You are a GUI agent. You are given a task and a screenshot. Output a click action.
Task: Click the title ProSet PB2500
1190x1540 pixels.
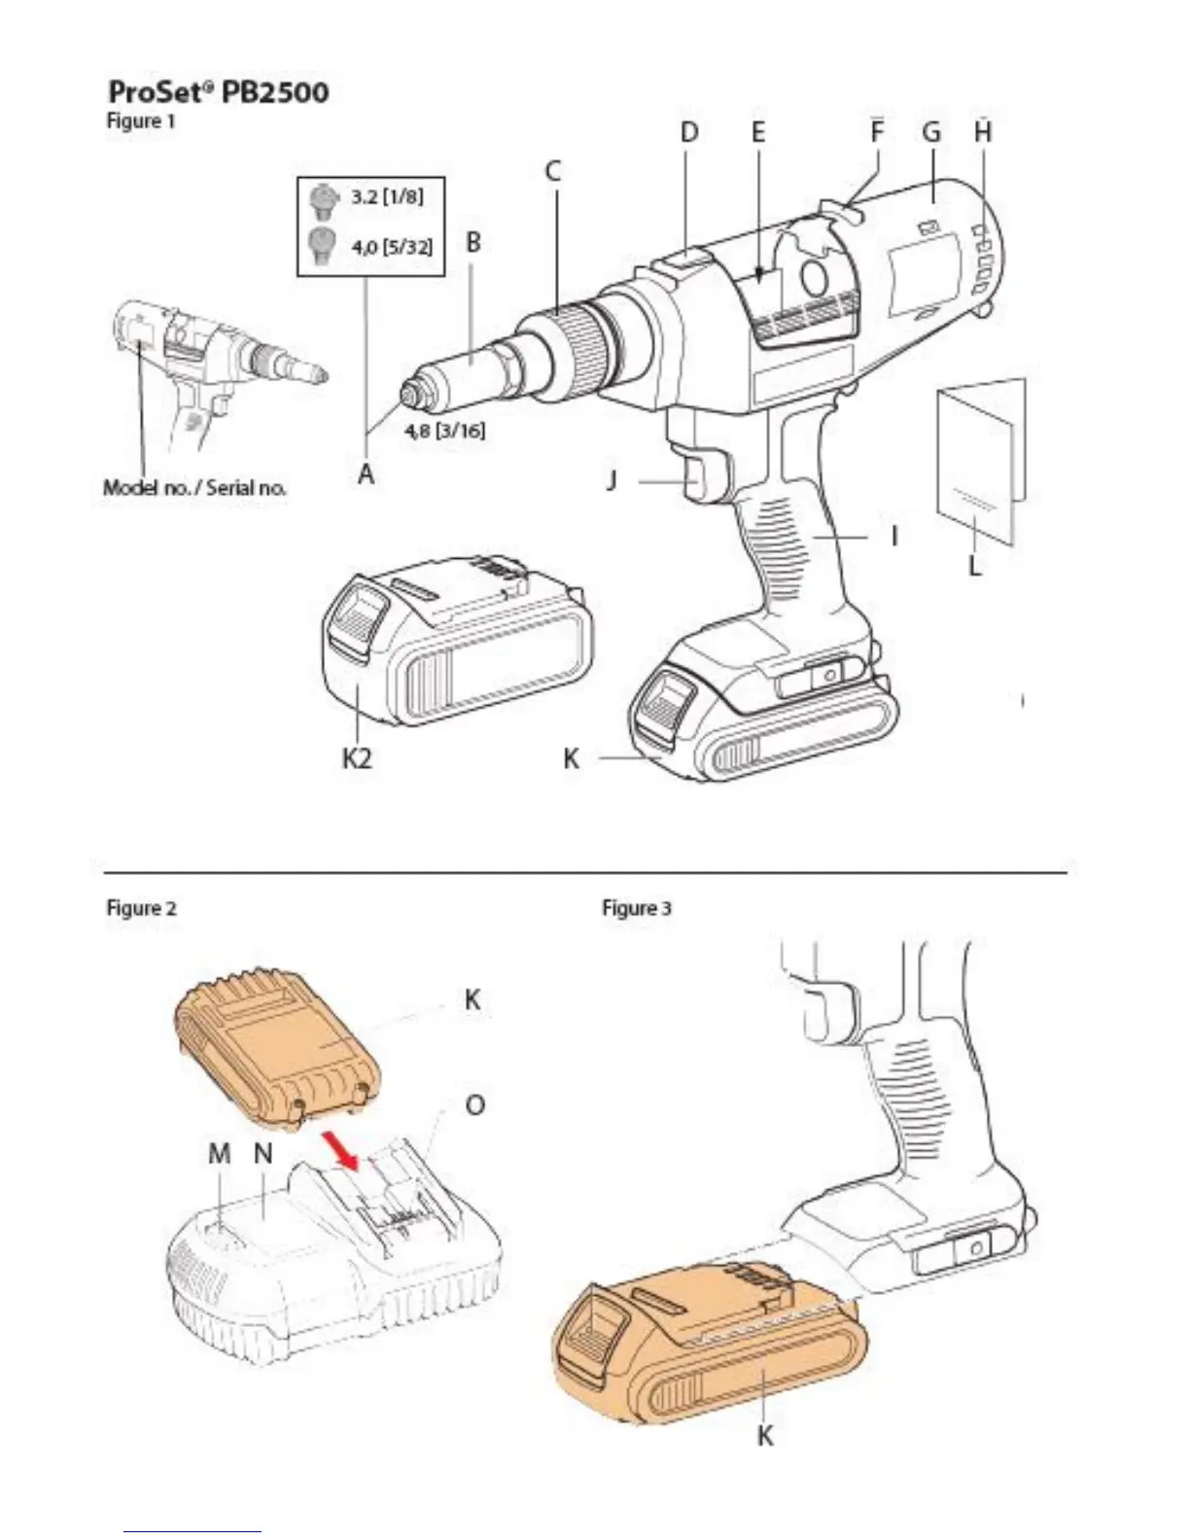218,92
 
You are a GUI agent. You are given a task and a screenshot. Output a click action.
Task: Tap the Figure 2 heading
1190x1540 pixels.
141,908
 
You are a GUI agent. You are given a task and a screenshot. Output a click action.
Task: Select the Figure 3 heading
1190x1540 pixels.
637,908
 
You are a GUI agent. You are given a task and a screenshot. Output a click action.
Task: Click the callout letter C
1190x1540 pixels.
552,172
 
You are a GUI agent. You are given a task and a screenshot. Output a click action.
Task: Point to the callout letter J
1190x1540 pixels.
612,479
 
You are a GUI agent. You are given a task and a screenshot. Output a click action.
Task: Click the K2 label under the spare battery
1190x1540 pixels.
357,757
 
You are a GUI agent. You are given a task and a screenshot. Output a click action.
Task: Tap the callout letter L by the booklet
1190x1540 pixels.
975,564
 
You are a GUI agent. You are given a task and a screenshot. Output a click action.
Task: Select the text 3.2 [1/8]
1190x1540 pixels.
387,196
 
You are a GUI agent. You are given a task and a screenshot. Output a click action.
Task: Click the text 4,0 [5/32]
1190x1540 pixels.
391,246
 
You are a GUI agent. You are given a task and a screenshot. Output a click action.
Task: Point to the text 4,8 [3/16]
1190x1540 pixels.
445,430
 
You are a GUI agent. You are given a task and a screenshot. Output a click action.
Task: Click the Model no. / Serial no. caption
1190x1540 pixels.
194,487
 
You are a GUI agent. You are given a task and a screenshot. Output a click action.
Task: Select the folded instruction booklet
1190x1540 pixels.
980,461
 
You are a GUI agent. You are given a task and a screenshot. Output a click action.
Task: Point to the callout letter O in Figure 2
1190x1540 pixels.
475,1105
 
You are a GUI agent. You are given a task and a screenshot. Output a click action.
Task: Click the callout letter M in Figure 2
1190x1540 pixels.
220,1153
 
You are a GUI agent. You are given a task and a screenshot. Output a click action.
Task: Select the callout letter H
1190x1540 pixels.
983,132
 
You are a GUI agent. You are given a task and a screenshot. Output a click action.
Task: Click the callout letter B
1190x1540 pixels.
472,242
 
